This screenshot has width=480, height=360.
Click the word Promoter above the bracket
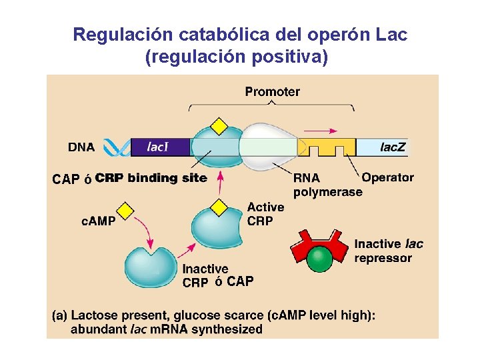272,91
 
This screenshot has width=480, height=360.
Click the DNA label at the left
81,147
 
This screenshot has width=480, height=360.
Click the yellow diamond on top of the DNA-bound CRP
218,126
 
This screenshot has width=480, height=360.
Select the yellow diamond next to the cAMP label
125,210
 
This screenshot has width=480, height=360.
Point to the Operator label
387,178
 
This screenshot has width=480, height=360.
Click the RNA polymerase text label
327,185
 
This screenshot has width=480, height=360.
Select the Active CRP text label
265,214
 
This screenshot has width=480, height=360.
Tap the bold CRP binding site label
151,178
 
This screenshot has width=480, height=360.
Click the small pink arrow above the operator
325,131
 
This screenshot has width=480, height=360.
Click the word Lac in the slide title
391,35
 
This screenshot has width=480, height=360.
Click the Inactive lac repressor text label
388,251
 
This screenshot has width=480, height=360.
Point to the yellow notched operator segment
326,147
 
